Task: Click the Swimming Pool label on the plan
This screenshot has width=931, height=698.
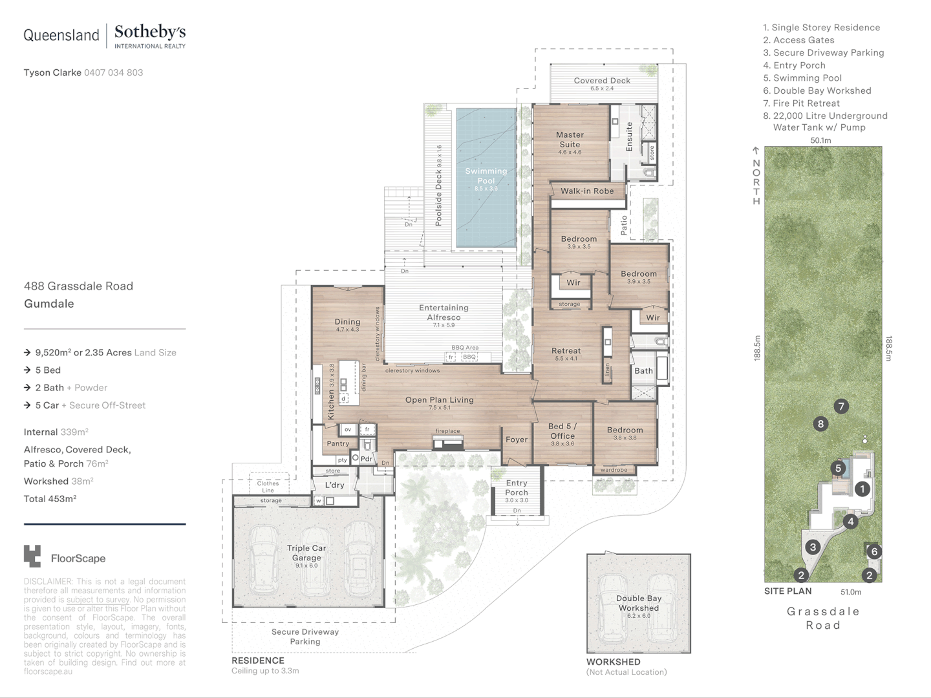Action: (486, 176)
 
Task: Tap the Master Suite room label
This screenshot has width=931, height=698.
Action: (570, 140)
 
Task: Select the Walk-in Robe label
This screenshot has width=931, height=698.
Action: (587, 191)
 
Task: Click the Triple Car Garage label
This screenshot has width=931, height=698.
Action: (306, 553)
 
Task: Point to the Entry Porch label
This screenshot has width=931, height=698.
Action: (517, 487)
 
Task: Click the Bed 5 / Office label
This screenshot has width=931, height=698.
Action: (562, 430)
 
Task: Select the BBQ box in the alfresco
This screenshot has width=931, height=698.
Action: (469, 357)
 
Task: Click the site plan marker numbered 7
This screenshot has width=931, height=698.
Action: (840, 407)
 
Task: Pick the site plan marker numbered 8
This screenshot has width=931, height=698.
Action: (820, 424)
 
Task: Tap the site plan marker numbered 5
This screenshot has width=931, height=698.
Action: (838, 469)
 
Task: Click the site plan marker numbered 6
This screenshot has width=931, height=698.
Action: (874, 551)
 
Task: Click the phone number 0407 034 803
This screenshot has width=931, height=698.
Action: (113, 72)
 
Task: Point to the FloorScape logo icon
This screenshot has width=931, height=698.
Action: (32, 556)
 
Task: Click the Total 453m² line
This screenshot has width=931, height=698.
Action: (50, 499)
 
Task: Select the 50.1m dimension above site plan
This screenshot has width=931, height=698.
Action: (820, 140)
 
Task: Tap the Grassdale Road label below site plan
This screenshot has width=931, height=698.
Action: (823, 618)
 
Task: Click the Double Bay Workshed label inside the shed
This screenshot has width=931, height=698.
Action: (638, 603)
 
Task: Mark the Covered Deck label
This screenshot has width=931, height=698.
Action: (602, 81)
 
